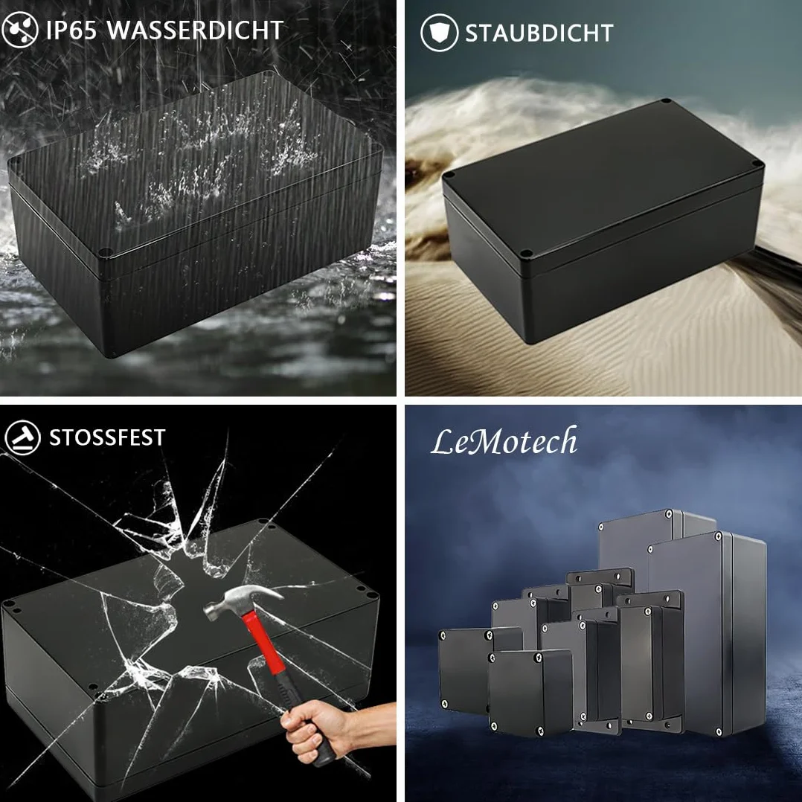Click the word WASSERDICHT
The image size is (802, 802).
coord(195,31)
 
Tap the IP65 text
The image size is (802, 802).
coord(71,31)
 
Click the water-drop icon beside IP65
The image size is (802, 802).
coord(20,30)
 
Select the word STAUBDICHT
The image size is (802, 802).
coord(539,33)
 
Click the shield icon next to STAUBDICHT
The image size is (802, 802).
coord(440,33)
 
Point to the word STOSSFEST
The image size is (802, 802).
coord(107,437)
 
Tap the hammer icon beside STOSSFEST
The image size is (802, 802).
coord(22,437)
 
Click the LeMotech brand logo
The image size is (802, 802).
coord(504,441)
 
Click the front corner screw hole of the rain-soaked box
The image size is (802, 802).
coord(105,253)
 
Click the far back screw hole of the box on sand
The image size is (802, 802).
coord(665,101)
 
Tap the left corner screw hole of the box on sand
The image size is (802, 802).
coord(449,175)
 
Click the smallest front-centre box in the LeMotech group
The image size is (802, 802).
coord(530,693)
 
